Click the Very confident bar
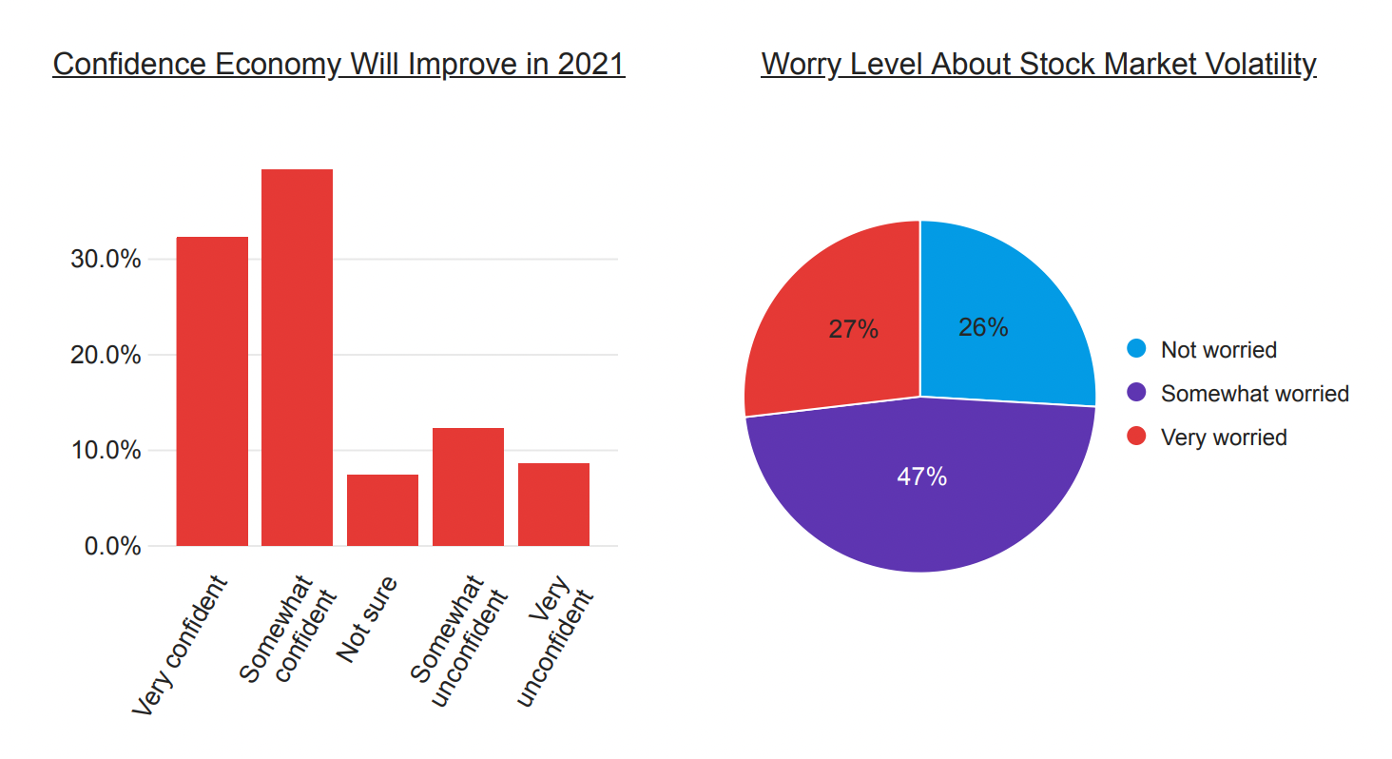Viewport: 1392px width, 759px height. pos(212,391)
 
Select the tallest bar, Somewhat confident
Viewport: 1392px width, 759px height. pos(297,358)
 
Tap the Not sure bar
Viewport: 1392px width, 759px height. pos(382,510)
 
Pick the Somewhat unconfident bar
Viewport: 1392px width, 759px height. pos(468,487)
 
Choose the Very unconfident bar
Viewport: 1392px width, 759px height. pos(553,504)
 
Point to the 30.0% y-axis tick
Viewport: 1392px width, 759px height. pos(106,260)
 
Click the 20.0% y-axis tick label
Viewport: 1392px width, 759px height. pos(106,356)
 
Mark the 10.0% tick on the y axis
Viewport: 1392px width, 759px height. pos(106,451)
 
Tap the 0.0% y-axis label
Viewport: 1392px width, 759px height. pos(112,547)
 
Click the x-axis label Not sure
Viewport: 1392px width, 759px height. pos(367,619)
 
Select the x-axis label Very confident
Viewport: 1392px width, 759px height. pos(180,646)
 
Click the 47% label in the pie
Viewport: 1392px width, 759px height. pos(921,477)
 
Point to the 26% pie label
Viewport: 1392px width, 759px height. pos(983,328)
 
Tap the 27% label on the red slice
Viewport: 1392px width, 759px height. pos(853,330)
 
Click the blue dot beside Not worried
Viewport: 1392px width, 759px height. pos(1136,349)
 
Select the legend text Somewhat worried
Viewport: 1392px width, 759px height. pos(1254,394)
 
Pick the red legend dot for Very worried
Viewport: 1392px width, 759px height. pos(1136,438)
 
